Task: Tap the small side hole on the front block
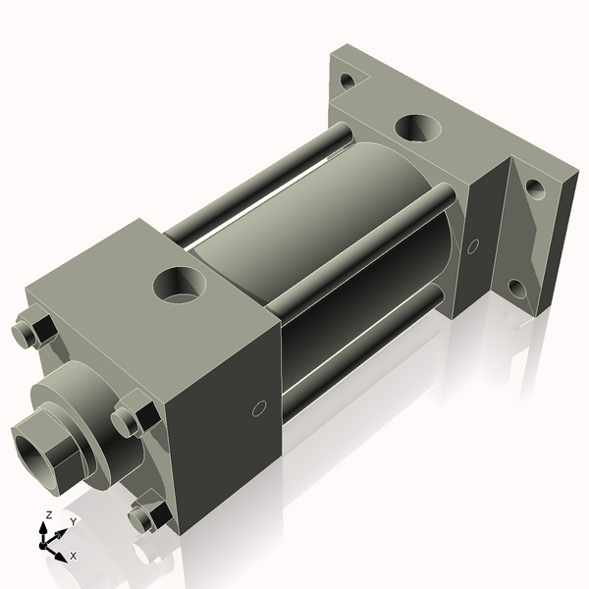pos(259,407)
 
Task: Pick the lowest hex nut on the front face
pos(147,515)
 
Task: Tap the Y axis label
pos(73,521)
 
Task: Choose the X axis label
pos(74,556)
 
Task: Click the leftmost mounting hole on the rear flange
pos(346,80)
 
